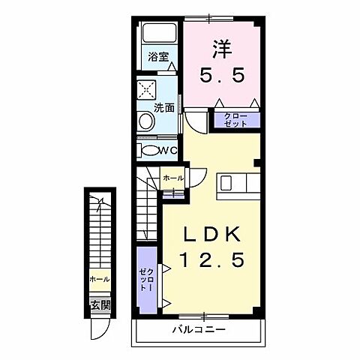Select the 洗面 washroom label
pos(163,107)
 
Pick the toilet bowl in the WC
pos(150,150)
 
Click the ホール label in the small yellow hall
pos(172,178)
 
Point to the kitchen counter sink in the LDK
pos(238,184)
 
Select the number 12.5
pos(213,262)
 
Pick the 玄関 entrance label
pos(100,305)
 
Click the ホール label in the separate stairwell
pos(99,279)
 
